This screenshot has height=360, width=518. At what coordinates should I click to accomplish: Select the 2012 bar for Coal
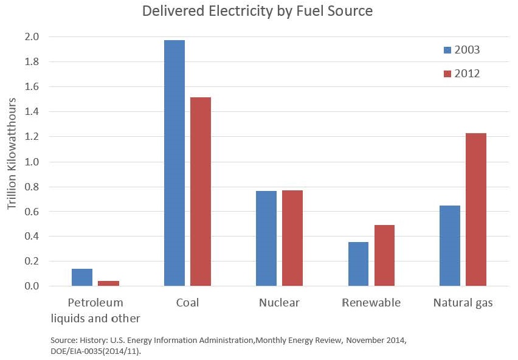click(x=201, y=192)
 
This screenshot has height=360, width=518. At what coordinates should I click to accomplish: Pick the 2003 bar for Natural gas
click(x=450, y=246)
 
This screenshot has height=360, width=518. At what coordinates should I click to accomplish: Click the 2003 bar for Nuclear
click(x=266, y=238)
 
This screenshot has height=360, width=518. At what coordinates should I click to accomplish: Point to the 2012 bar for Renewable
click(x=384, y=255)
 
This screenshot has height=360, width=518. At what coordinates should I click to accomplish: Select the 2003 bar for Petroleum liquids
click(x=82, y=277)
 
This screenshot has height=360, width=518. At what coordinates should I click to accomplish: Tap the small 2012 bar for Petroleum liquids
click(x=108, y=283)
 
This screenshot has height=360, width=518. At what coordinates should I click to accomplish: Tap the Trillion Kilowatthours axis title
click(x=12, y=161)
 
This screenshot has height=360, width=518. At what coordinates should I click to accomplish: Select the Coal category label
click(x=187, y=303)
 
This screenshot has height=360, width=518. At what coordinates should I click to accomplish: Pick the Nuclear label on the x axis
click(x=279, y=303)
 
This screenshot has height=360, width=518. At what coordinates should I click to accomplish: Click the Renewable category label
click(x=371, y=303)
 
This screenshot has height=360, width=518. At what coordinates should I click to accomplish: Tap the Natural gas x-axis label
click(x=463, y=303)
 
